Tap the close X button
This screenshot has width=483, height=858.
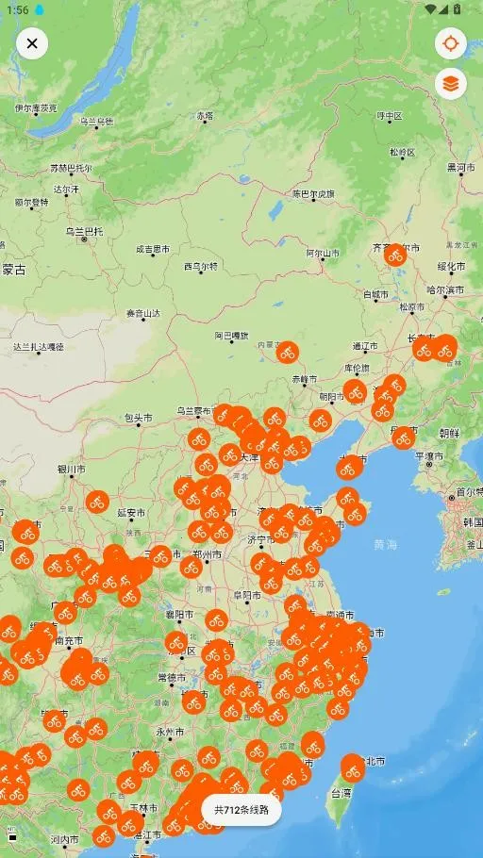(x=32, y=43)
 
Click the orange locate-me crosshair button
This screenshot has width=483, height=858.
(x=451, y=43)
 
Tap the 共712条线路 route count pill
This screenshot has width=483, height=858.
(x=241, y=810)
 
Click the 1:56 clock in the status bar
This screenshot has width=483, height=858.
(x=17, y=9)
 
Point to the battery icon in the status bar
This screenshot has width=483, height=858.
(x=458, y=9)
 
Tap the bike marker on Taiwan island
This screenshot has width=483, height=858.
(x=353, y=768)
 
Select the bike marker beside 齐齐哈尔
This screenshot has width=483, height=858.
(x=395, y=255)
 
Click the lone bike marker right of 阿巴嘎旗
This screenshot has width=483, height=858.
(x=288, y=353)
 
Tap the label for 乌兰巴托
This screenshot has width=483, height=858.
(x=83, y=231)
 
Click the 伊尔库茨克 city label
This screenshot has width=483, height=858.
(x=36, y=108)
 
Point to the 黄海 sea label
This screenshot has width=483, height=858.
(x=385, y=544)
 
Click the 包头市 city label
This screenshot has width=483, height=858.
(x=138, y=418)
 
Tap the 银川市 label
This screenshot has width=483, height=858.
(x=71, y=469)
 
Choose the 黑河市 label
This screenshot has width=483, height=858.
(x=461, y=167)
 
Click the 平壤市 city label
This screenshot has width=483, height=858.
(x=430, y=456)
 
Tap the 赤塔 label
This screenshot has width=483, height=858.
(x=205, y=116)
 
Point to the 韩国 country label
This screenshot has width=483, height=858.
(x=473, y=521)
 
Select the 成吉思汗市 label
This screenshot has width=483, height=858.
(x=153, y=250)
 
